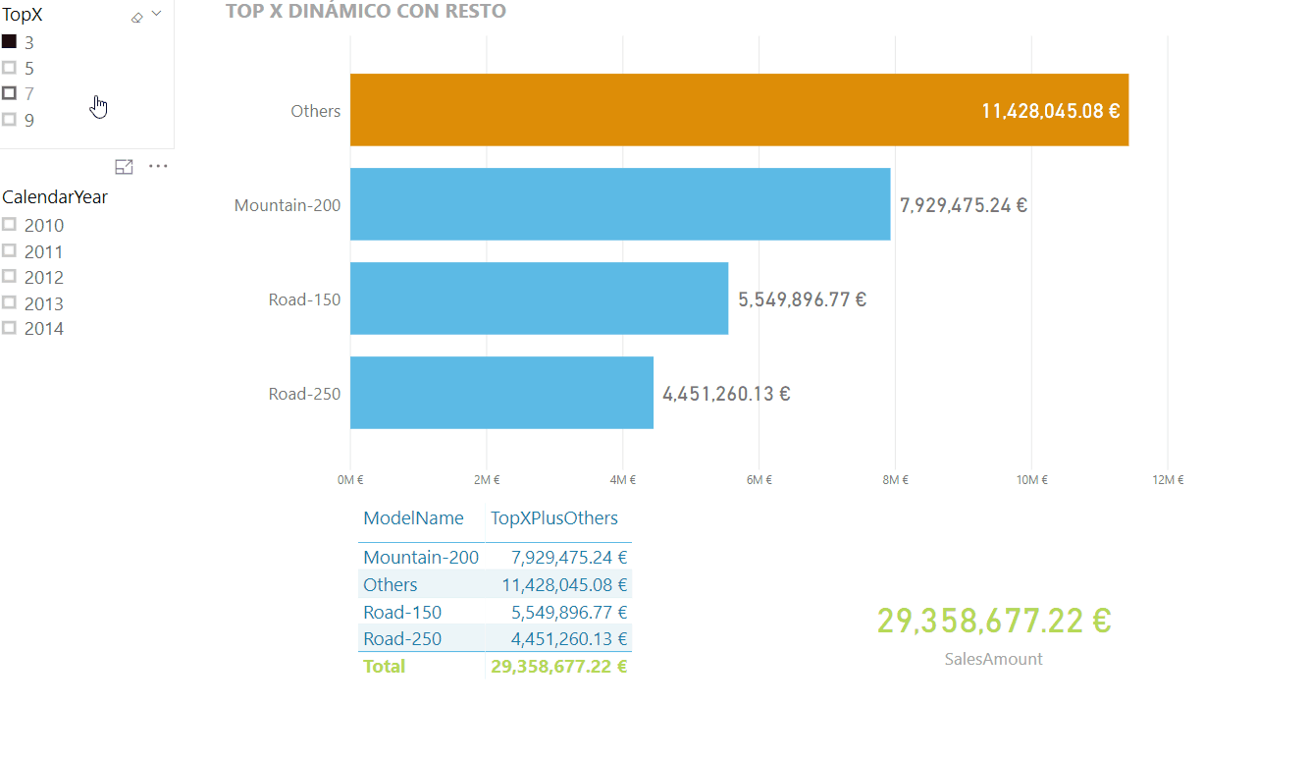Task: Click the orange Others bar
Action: pos(739,110)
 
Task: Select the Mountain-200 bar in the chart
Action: pos(620,204)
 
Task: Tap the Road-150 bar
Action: pos(539,299)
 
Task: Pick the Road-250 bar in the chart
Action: pos(501,393)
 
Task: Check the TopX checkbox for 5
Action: pos(10,68)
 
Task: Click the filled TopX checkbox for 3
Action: pos(10,42)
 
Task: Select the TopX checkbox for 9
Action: pos(10,120)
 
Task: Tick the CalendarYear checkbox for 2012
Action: pos(10,277)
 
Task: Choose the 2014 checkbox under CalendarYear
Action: pos(10,328)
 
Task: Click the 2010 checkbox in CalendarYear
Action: pos(10,225)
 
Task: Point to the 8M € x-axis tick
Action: pos(894,480)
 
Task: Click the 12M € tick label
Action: pos(1168,480)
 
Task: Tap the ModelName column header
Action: pos(413,518)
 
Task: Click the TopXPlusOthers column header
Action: pos(554,518)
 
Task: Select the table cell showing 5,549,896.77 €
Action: pos(569,612)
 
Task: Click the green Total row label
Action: pos(384,666)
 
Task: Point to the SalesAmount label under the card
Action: pos(993,659)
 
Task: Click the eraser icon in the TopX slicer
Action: pos(137,17)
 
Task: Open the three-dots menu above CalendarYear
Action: pos(158,167)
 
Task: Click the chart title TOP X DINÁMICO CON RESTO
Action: pos(366,12)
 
